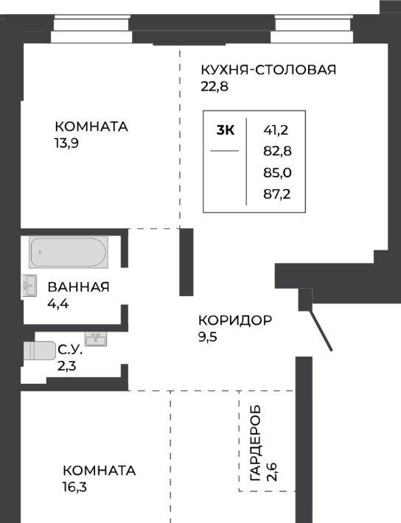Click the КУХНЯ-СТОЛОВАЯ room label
[x=268, y=70]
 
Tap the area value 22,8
[x=215, y=87]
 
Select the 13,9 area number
[x=67, y=144]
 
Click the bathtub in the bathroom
[x=69, y=252]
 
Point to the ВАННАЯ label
[x=78, y=287]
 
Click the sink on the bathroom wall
[x=29, y=286]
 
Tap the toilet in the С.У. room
[x=39, y=351]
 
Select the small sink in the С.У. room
[x=96, y=339]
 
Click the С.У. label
[x=70, y=350]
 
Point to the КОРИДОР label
[x=235, y=320]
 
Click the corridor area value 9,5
[x=208, y=337]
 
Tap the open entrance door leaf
[x=321, y=331]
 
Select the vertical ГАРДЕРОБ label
[x=255, y=443]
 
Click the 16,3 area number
[x=74, y=487]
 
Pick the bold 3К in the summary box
[x=226, y=130]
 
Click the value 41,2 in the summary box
[x=276, y=130]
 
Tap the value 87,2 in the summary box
[x=277, y=194]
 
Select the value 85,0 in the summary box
[x=277, y=173]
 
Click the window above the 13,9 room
[x=91, y=29]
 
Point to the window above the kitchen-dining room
[x=312, y=29]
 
